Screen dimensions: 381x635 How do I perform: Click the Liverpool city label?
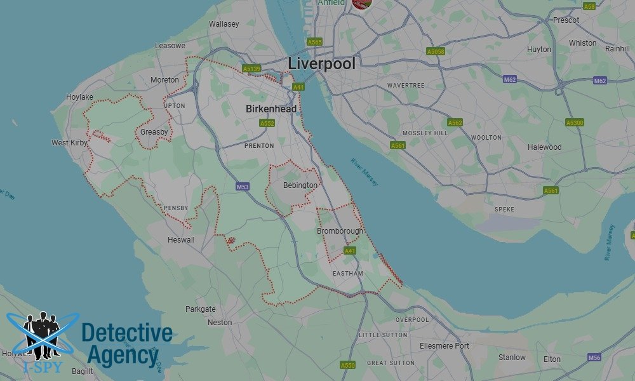point(321,63)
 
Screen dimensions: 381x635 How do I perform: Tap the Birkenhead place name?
point(271,109)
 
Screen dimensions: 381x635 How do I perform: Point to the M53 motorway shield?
point(242,187)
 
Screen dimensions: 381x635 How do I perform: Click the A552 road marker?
point(267,123)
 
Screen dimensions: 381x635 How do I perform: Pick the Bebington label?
point(300,185)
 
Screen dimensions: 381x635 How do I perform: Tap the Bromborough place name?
point(340,231)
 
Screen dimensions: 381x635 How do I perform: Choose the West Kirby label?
point(69,143)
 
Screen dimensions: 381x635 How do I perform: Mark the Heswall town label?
point(181,241)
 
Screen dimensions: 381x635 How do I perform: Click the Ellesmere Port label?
point(444,345)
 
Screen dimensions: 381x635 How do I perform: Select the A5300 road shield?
point(574,123)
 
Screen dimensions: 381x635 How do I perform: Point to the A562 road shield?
point(455,123)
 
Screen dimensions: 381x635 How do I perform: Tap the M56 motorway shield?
point(594,358)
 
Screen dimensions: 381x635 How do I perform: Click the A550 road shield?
point(348,365)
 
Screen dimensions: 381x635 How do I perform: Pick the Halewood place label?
point(544,147)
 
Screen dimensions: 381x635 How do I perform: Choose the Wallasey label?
point(224,24)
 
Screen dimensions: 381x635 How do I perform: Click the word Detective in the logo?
point(127,333)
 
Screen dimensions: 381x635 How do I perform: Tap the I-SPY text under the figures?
point(37,367)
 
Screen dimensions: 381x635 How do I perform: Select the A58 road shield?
point(589,6)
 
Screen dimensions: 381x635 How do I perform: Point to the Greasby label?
point(154,132)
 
